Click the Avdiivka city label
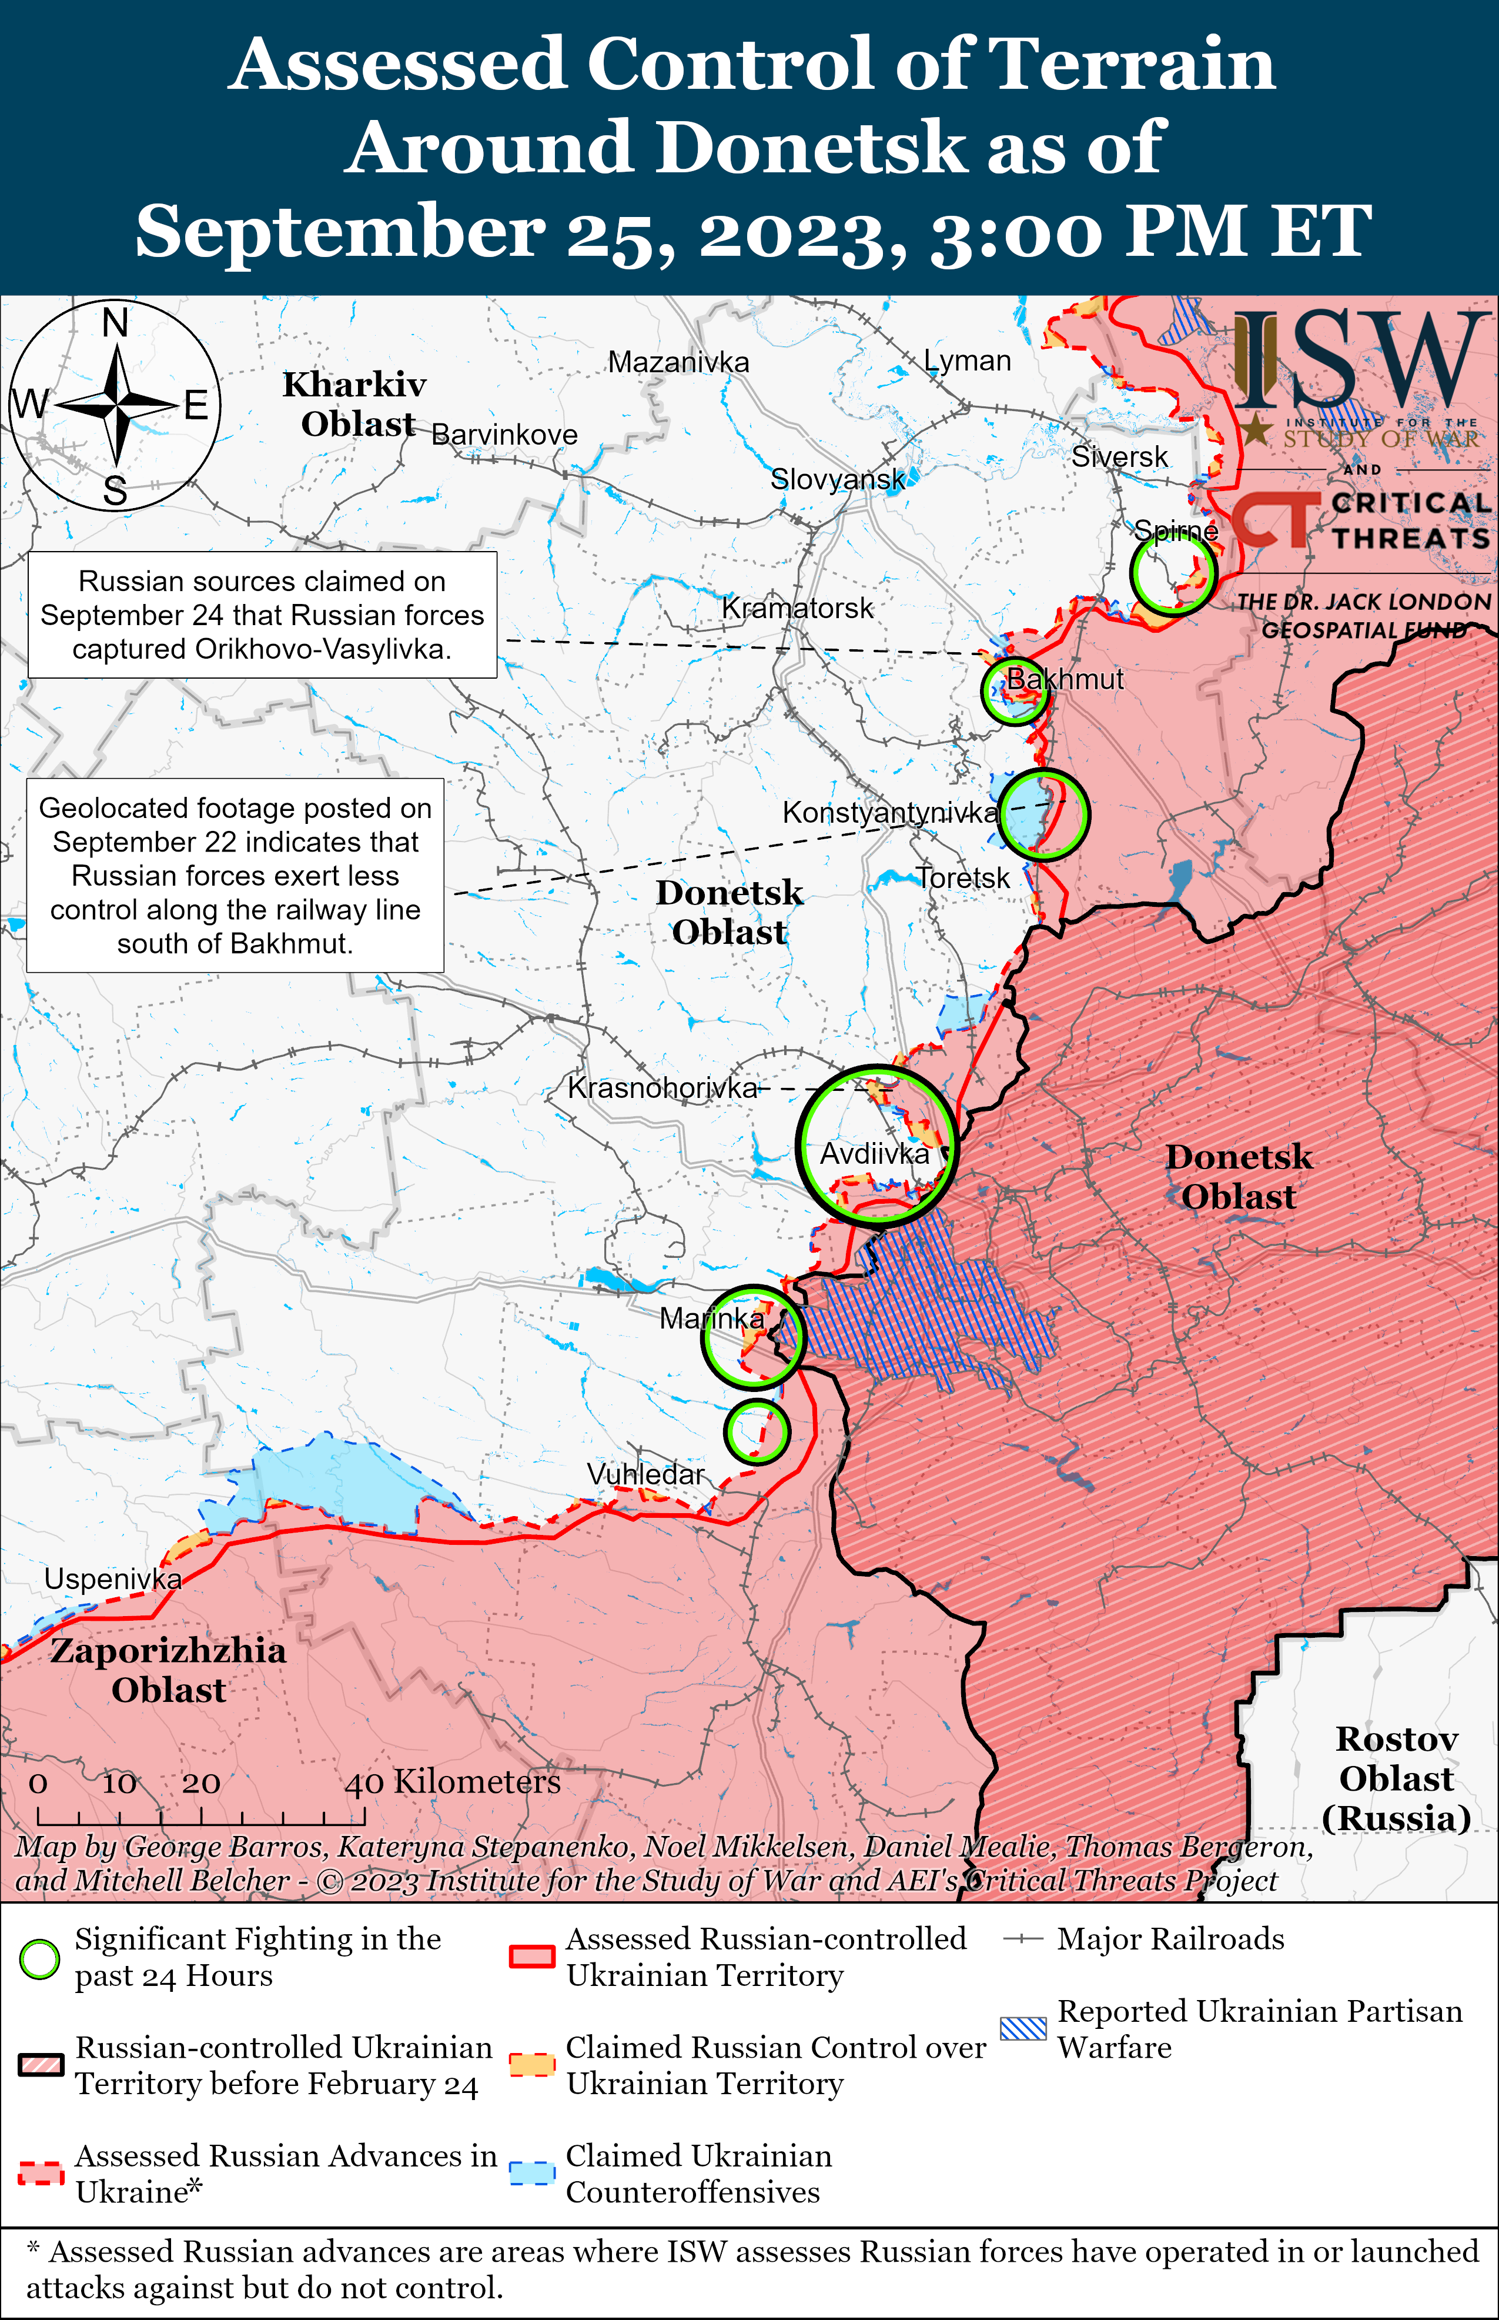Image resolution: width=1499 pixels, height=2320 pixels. [x=874, y=1154]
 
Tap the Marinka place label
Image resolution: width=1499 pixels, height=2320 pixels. [x=711, y=1318]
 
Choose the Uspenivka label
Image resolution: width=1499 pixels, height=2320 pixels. [x=113, y=1578]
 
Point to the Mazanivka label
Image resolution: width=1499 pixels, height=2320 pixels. [x=678, y=362]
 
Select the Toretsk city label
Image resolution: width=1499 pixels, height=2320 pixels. [x=963, y=878]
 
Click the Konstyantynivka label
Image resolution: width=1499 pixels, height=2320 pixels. [x=889, y=812]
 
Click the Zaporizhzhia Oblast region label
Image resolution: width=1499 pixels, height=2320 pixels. [x=168, y=1670]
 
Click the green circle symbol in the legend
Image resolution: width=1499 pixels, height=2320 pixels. [x=40, y=1959]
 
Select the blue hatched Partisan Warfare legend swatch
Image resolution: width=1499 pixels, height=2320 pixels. [x=1023, y=2028]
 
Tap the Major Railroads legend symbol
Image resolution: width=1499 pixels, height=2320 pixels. [x=1023, y=1940]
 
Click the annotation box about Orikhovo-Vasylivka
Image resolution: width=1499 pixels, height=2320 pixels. [x=262, y=615]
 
